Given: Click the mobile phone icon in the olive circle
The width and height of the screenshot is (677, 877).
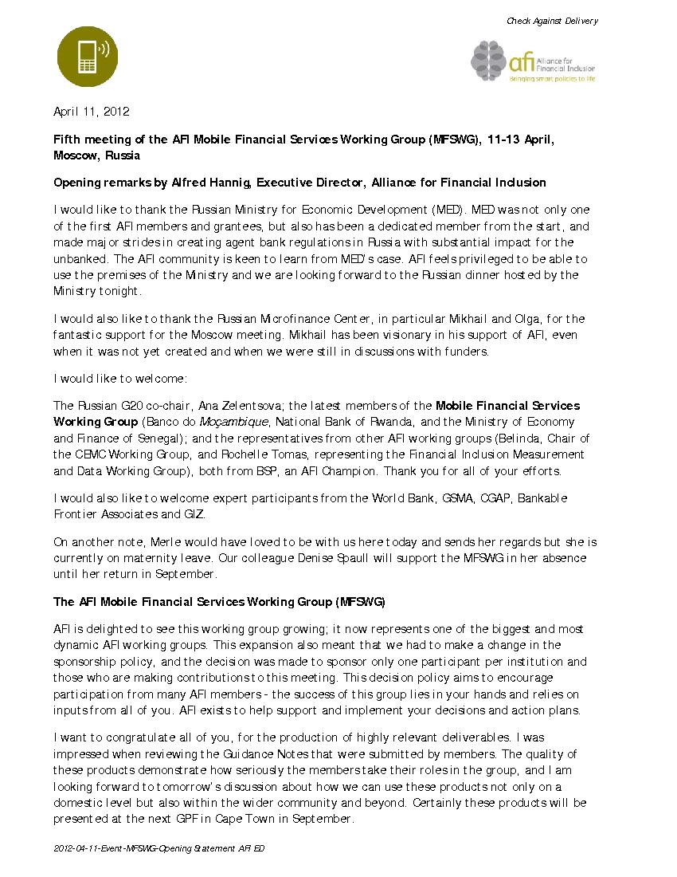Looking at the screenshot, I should click(86, 56).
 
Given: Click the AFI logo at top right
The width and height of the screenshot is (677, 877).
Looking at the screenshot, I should click(533, 61).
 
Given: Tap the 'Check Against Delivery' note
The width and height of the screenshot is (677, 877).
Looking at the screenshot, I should click(552, 21).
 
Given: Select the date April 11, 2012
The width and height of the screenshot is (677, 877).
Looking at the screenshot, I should click(91, 112).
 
